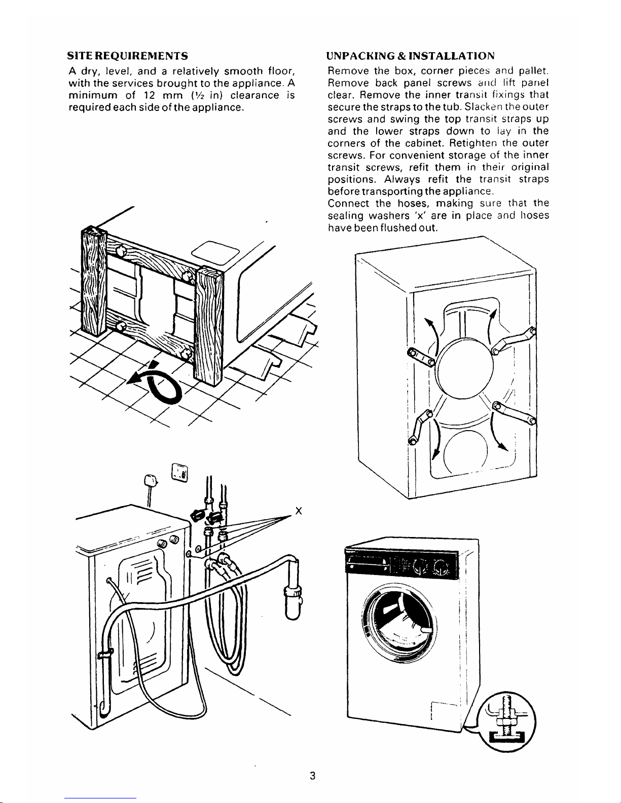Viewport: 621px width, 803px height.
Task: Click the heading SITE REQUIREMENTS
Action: click(128, 55)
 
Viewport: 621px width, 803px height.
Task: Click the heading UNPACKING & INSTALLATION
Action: click(411, 55)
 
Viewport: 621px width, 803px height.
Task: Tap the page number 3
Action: click(313, 776)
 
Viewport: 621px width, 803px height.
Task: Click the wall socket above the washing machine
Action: click(180, 473)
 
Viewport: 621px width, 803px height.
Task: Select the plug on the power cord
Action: click(151, 479)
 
